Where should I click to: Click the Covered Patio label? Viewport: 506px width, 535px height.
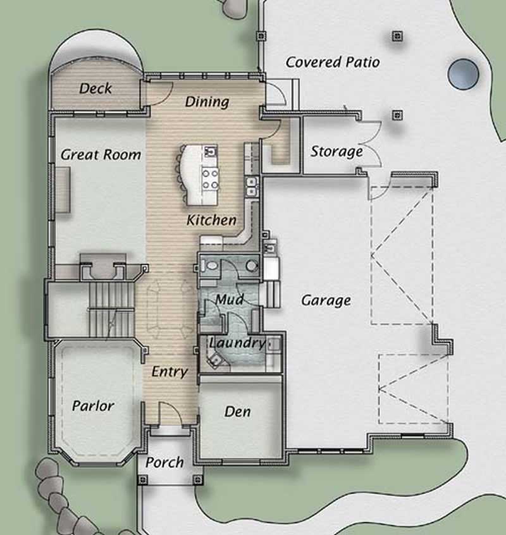[333, 62]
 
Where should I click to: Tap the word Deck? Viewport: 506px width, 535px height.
[96, 89]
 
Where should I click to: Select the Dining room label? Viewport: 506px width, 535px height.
[207, 101]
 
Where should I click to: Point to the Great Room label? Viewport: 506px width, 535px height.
[101, 154]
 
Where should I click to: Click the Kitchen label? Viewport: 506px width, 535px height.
[211, 220]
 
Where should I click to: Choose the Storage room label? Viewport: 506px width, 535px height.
[336, 152]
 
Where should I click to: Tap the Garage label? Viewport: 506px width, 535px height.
[326, 300]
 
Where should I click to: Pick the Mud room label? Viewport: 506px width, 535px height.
[229, 299]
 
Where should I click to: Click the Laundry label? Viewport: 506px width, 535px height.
[237, 343]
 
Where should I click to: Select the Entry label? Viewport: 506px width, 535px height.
[169, 372]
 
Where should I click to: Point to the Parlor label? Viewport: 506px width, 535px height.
[93, 405]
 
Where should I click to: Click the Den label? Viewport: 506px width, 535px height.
[237, 412]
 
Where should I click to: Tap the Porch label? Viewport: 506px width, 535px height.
[164, 462]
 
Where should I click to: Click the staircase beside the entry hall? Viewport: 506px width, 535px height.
[110, 310]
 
